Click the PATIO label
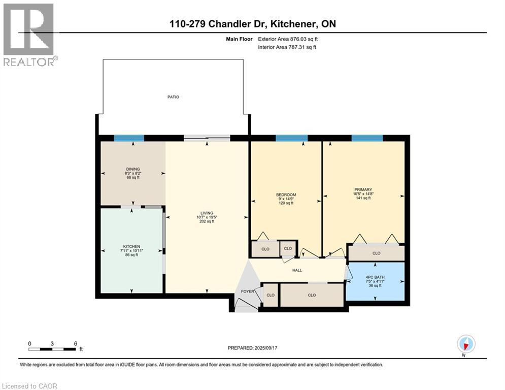click(x=174, y=97)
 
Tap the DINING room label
click(x=133, y=169)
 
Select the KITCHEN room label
click(x=131, y=246)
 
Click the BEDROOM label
click(x=286, y=195)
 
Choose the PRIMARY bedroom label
click(x=363, y=190)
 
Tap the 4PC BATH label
click(x=375, y=277)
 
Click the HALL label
click(x=297, y=270)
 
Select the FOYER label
click(x=247, y=291)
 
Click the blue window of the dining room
click(x=129, y=138)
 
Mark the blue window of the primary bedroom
click(x=366, y=138)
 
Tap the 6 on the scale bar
click(x=75, y=343)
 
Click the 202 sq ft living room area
click(x=207, y=221)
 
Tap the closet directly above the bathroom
click(x=376, y=253)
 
